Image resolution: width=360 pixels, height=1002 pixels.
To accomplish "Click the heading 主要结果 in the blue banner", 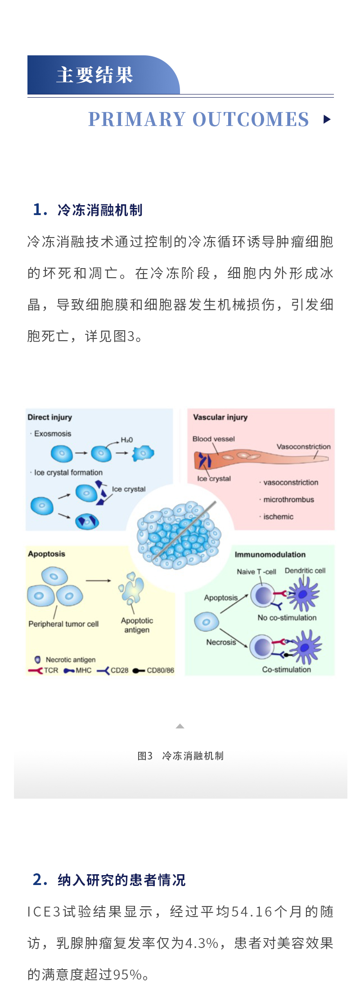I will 95,75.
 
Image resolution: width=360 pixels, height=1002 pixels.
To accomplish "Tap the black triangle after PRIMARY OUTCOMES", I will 327,119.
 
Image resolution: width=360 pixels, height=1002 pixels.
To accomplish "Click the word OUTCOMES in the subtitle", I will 251,119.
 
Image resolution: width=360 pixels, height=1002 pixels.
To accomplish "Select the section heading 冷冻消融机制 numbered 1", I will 100,210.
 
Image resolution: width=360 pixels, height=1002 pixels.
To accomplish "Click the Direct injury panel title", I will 49,417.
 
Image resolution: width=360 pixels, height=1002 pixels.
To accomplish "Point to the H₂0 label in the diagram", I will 126,440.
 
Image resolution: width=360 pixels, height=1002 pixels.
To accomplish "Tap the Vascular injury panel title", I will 220,417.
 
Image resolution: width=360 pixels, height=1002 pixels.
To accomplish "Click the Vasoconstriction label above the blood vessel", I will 303,446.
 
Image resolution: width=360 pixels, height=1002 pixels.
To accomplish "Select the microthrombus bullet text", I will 288,499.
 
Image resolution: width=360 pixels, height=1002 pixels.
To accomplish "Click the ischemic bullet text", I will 278,517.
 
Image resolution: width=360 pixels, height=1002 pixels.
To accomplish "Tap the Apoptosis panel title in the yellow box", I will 46,554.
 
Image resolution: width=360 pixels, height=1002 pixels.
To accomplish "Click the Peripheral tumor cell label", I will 63,624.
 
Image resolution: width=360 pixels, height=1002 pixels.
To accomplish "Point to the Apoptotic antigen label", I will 137,625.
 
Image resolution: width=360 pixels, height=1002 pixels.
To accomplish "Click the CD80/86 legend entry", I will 160,670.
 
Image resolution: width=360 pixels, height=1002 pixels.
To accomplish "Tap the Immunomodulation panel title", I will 270,555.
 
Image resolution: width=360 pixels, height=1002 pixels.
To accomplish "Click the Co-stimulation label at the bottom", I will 286,669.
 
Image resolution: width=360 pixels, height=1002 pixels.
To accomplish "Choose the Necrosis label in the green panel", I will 221,642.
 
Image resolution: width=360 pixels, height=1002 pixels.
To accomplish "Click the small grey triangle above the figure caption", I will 180,726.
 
